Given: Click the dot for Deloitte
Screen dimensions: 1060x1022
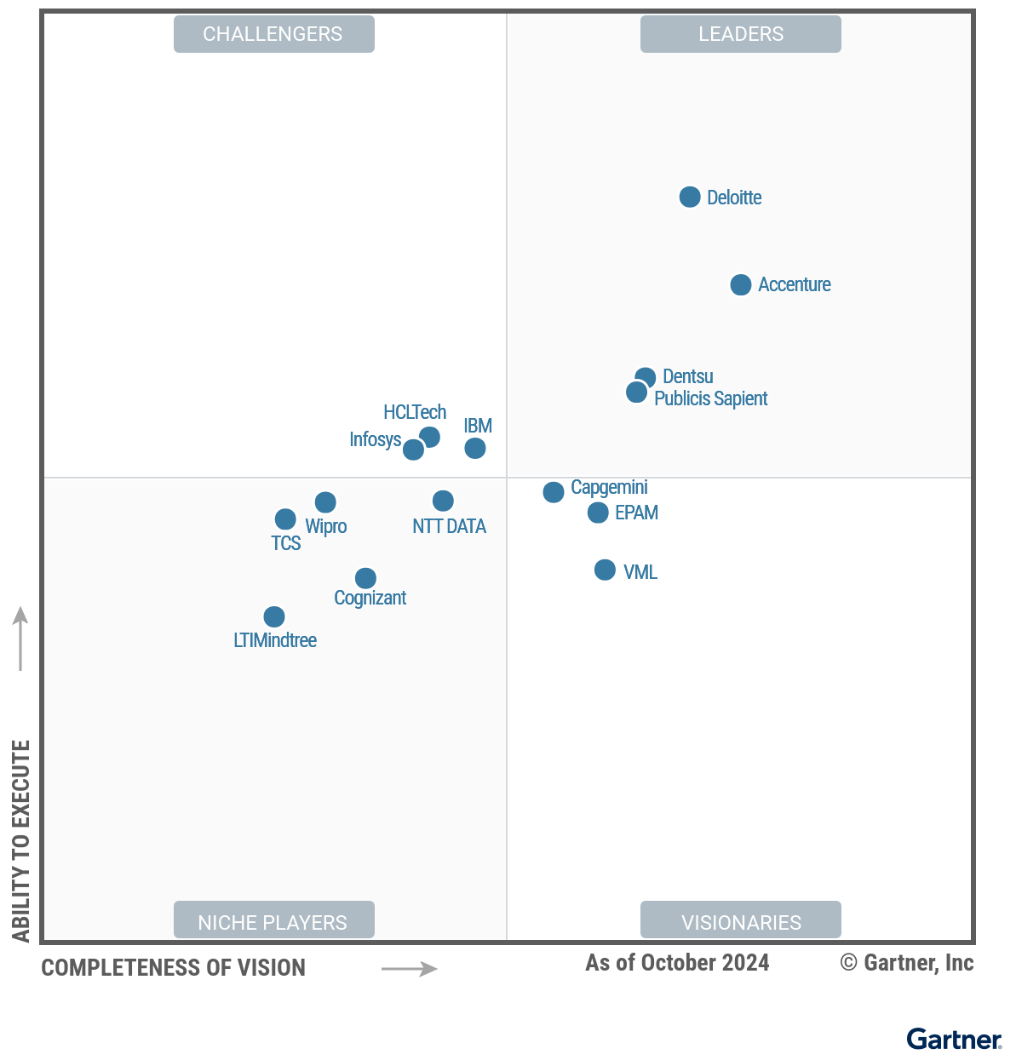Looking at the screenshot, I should (690, 198).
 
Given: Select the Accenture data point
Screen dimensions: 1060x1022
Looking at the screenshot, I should (741, 285).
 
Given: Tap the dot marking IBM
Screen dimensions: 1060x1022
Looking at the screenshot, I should (475, 448).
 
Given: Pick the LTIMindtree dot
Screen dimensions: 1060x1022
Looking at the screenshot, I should (274, 616).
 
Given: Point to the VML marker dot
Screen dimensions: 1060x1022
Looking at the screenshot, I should (605, 570).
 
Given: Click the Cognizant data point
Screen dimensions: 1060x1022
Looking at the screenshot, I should (365, 579).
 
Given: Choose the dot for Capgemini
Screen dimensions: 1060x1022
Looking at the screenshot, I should (554, 492).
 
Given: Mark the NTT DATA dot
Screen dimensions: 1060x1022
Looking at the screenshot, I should (443, 501).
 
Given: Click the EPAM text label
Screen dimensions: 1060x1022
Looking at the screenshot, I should (636, 513).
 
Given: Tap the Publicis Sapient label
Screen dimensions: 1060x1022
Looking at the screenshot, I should (710, 398).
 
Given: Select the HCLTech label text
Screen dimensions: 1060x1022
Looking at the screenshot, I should (415, 412).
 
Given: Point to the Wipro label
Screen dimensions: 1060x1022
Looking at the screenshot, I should (326, 526).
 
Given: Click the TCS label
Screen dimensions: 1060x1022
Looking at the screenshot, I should (286, 543).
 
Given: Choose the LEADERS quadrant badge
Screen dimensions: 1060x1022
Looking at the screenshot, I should (741, 34).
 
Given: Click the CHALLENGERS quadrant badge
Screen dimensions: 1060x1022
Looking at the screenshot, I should (273, 34).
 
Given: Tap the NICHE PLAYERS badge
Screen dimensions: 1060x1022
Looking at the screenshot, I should (273, 921).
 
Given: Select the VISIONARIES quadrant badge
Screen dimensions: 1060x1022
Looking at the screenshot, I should (741, 921).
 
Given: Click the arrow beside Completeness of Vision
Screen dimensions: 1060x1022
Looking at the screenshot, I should (410, 969).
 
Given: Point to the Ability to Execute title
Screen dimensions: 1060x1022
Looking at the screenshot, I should (21, 840).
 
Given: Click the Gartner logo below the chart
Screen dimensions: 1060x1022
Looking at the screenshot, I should (954, 1040).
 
